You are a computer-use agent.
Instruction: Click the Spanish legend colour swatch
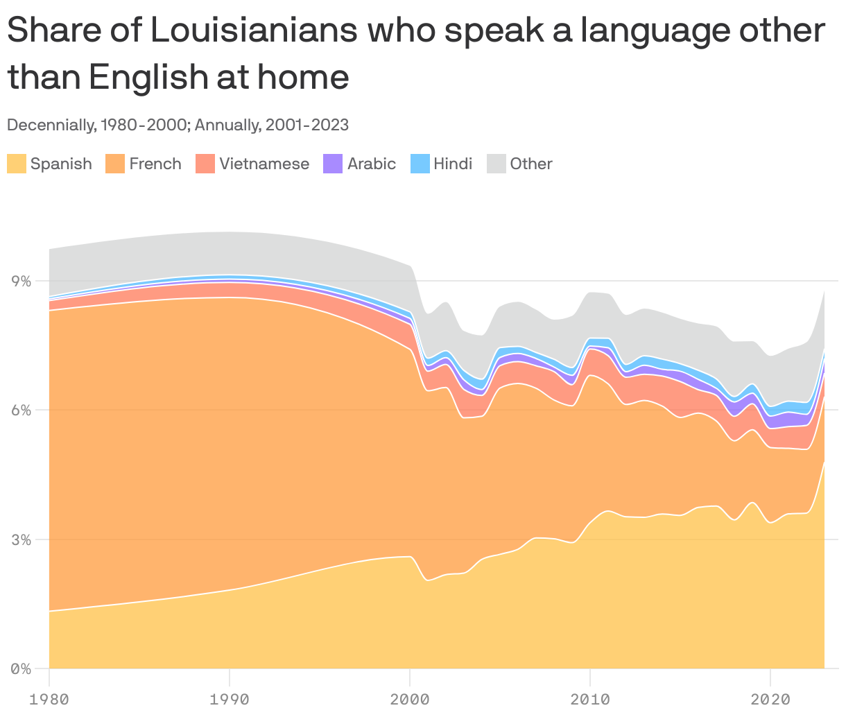click(17, 164)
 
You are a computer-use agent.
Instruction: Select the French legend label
click(155, 164)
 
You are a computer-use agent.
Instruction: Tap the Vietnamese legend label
click(264, 164)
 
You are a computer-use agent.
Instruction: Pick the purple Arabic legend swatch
click(333, 164)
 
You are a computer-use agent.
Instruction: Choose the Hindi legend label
click(453, 164)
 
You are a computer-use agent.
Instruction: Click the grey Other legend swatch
click(496, 164)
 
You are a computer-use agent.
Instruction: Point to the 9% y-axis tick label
click(21, 282)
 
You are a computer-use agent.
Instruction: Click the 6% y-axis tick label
click(21, 411)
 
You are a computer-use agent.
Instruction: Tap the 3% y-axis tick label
click(21, 540)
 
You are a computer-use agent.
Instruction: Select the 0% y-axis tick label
click(21, 669)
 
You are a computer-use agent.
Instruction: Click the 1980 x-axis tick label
click(49, 698)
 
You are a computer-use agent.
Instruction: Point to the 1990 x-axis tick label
click(229, 698)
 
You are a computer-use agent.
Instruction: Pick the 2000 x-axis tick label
click(410, 698)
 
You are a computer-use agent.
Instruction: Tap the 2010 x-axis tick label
click(589, 698)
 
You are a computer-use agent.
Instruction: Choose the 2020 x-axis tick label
click(770, 698)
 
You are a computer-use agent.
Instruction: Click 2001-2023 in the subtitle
click(307, 126)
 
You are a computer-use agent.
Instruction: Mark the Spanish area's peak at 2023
click(824, 463)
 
